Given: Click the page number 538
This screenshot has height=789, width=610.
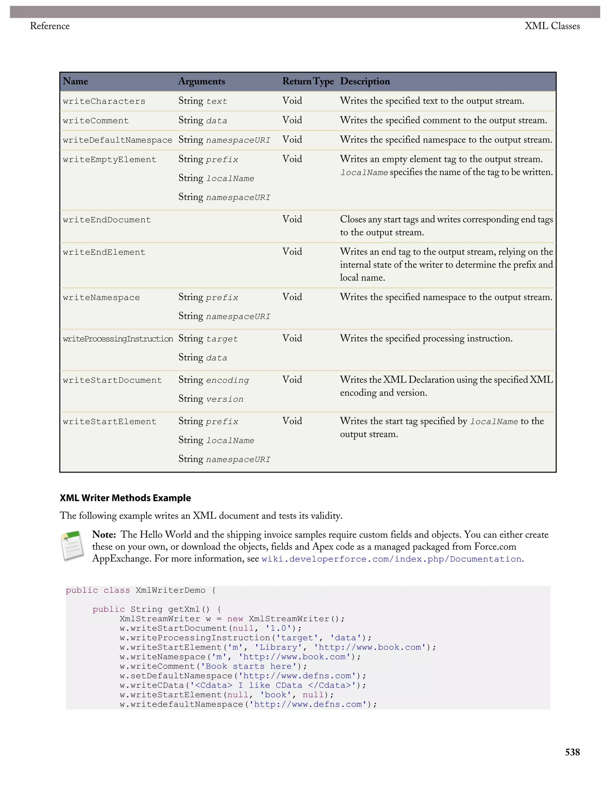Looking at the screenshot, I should coord(572,752).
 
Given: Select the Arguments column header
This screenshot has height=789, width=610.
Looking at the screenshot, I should coord(201,81).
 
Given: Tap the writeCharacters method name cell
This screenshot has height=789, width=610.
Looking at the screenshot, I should coord(104,102).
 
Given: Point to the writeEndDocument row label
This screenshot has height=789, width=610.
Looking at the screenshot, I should coord(107,220).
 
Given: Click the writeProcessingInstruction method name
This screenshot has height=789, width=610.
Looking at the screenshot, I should coord(118,339).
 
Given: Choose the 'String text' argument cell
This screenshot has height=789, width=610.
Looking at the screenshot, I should coord(202,101).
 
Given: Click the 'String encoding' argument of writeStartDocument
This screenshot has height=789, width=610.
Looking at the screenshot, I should coord(214,380).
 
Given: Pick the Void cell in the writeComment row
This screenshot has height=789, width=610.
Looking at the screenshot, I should coord(292,120).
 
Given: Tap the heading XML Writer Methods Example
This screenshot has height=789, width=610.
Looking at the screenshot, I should coord(125,498).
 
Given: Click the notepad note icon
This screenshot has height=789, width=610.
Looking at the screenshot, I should coord(73,546).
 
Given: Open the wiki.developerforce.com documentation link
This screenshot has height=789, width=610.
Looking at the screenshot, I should coord(391,559).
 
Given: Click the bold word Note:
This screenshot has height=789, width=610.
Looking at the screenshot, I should coord(104,535).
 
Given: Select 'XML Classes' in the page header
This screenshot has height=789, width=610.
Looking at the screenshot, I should coord(552,26).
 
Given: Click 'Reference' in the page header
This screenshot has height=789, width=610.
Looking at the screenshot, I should coord(50,26).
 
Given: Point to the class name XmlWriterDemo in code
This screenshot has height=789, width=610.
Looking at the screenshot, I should coord(170,590).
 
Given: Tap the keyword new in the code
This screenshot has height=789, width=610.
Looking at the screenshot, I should coord(235,619).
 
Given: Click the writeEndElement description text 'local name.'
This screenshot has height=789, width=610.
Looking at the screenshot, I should coord(362,278).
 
